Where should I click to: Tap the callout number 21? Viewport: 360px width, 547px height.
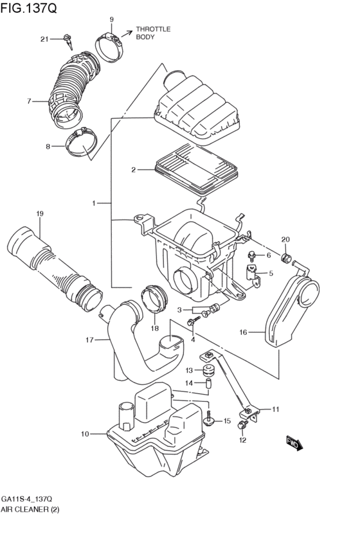tap(44, 39)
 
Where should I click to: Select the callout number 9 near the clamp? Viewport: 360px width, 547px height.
tap(111, 20)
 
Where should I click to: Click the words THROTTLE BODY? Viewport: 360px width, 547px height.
tap(153, 33)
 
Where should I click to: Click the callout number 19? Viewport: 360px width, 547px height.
tap(39, 213)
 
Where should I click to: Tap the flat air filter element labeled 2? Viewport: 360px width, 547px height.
tap(196, 168)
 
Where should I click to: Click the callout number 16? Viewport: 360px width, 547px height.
tap(243, 332)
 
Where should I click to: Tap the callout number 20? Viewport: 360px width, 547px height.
tap(285, 240)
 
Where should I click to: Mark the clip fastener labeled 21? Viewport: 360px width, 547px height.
tap(68, 42)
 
